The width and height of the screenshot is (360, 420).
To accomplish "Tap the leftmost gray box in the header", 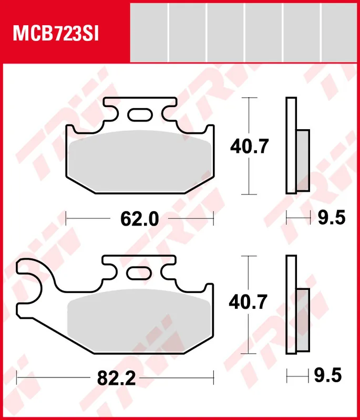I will click(149, 31).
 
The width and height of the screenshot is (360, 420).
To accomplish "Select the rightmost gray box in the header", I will click(340, 31).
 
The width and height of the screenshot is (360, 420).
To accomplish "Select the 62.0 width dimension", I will click(139, 217).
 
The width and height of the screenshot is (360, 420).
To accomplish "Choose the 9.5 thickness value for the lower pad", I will click(330, 376).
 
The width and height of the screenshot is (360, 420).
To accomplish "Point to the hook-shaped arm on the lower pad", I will click(34, 273).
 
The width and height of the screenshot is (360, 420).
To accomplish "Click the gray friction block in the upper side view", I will click(303, 160).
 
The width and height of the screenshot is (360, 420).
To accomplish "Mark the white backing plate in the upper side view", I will click(291, 145).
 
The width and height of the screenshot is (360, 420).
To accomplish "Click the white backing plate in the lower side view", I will click(291, 304).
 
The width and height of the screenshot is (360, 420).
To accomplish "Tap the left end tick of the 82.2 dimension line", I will click(17, 376).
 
